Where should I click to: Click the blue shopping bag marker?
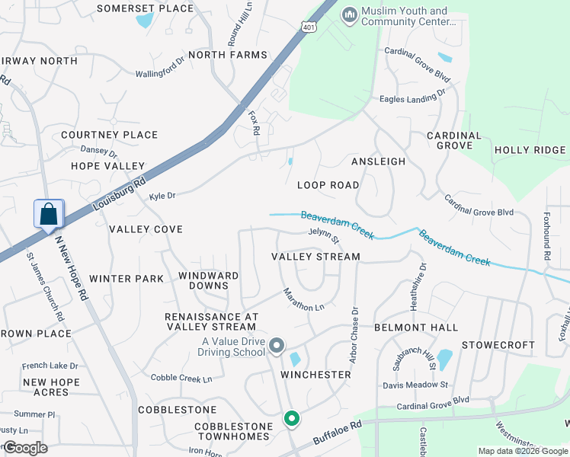point(49,214)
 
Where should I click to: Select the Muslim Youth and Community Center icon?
point(350,15)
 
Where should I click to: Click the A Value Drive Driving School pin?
point(277,347)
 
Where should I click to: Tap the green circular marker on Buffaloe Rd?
point(291,418)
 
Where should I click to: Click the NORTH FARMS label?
point(227,55)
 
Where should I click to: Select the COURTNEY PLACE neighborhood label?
point(109,135)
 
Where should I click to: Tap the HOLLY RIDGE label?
point(530,150)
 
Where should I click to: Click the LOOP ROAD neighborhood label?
point(328,185)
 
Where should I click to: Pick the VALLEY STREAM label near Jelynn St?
point(315,257)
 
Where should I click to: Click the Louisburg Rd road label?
point(118,195)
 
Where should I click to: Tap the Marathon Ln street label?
point(303,299)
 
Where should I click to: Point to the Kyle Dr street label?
point(162,196)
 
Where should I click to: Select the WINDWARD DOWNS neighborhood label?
point(208,280)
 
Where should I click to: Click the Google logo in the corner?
point(24,448)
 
